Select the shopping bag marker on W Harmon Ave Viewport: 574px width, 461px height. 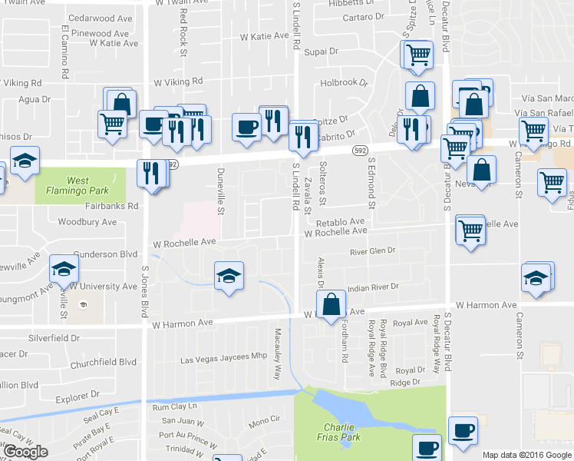pyautogui.click(x=331, y=303)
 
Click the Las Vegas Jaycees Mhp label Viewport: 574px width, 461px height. pyautogui.click(x=223, y=358)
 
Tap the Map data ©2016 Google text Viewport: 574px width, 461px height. pyautogui.click(x=527, y=455)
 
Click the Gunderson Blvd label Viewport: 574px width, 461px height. pyautogui.click(x=105, y=254)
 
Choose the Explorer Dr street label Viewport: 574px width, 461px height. pyautogui.click(x=78, y=395)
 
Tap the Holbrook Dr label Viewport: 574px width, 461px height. pyautogui.click(x=345, y=82)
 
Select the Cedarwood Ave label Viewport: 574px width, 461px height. pyautogui.click(x=101, y=18)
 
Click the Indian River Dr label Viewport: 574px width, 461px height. pyautogui.click(x=374, y=287)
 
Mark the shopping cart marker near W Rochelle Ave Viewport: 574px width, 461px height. pyautogui.click(x=470, y=229)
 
